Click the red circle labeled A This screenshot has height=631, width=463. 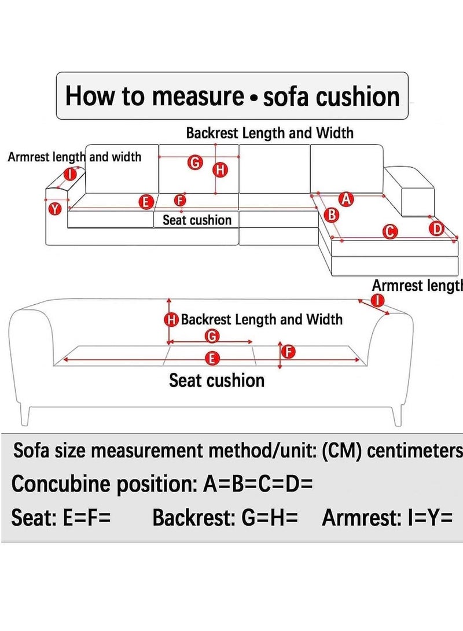point(346,200)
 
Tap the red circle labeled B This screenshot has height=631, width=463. point(333,215)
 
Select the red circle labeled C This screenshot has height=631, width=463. point(391,232)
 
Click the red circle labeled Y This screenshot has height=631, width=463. point(54,209)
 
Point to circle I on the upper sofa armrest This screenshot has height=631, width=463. point(71,174)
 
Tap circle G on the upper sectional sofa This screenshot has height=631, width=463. point(196,163)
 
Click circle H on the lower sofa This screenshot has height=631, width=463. point(172,320)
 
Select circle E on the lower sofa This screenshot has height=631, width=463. point(212,359)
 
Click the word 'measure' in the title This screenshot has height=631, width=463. point(197,96)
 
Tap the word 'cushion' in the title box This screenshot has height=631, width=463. point(359,96)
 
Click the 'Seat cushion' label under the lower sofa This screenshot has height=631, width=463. point(216,381)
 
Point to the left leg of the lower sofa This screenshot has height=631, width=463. point(25,415)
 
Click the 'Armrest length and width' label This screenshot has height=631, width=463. point(74,157)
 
